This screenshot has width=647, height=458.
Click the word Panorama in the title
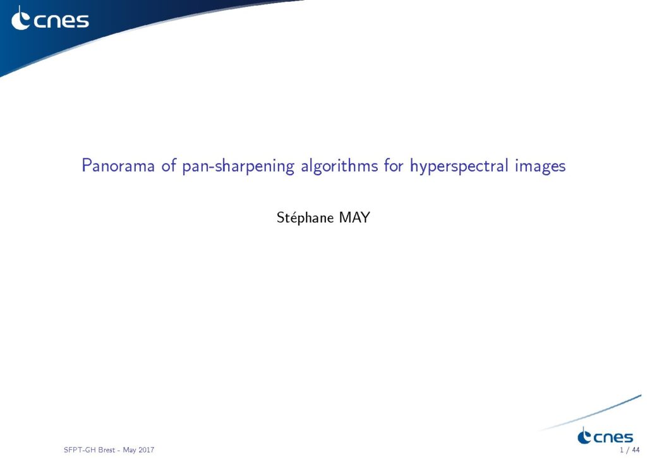click(x=118, y=166)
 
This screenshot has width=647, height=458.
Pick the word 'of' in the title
click(x=169, y=166)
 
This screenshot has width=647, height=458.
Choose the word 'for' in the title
click(x=394, y=166)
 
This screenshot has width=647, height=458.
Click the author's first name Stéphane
click(x=305, y=218)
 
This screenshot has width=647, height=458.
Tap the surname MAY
click(x=354, y=217)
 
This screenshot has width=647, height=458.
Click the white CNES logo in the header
click(x=50, y=18)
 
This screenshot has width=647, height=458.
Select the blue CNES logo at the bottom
click(x=605, y=436)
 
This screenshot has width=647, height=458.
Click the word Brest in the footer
click(x=106, y=450)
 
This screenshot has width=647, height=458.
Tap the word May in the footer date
click(x=129, y=450)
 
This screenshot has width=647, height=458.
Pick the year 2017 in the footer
click(x=147, y=450)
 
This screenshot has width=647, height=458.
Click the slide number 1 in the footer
click(x=622, y=450)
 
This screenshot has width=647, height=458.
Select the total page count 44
click(x=636, y=450)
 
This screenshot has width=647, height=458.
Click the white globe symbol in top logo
click(x=20, y=18)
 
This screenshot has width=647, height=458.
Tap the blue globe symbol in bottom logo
click(x=584, y=436)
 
